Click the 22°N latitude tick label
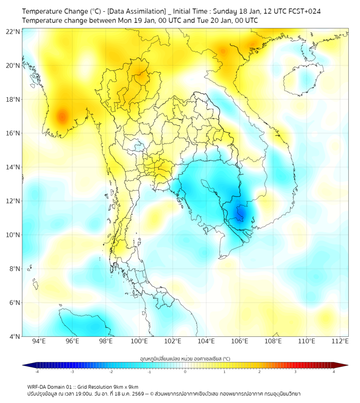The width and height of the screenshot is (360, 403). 13,31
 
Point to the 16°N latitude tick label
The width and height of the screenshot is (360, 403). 13,133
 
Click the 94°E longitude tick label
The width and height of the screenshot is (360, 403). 39,341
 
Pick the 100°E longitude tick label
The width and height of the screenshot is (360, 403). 140,341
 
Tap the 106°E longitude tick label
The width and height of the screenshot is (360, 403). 240,341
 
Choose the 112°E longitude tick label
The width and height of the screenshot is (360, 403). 340,341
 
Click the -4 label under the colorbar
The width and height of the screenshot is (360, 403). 37,372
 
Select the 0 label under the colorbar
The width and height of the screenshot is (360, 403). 185,372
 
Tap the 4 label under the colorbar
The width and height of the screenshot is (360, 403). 334,372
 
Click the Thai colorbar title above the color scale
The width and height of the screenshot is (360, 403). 185,359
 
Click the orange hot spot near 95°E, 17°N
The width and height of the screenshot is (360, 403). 62,115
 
